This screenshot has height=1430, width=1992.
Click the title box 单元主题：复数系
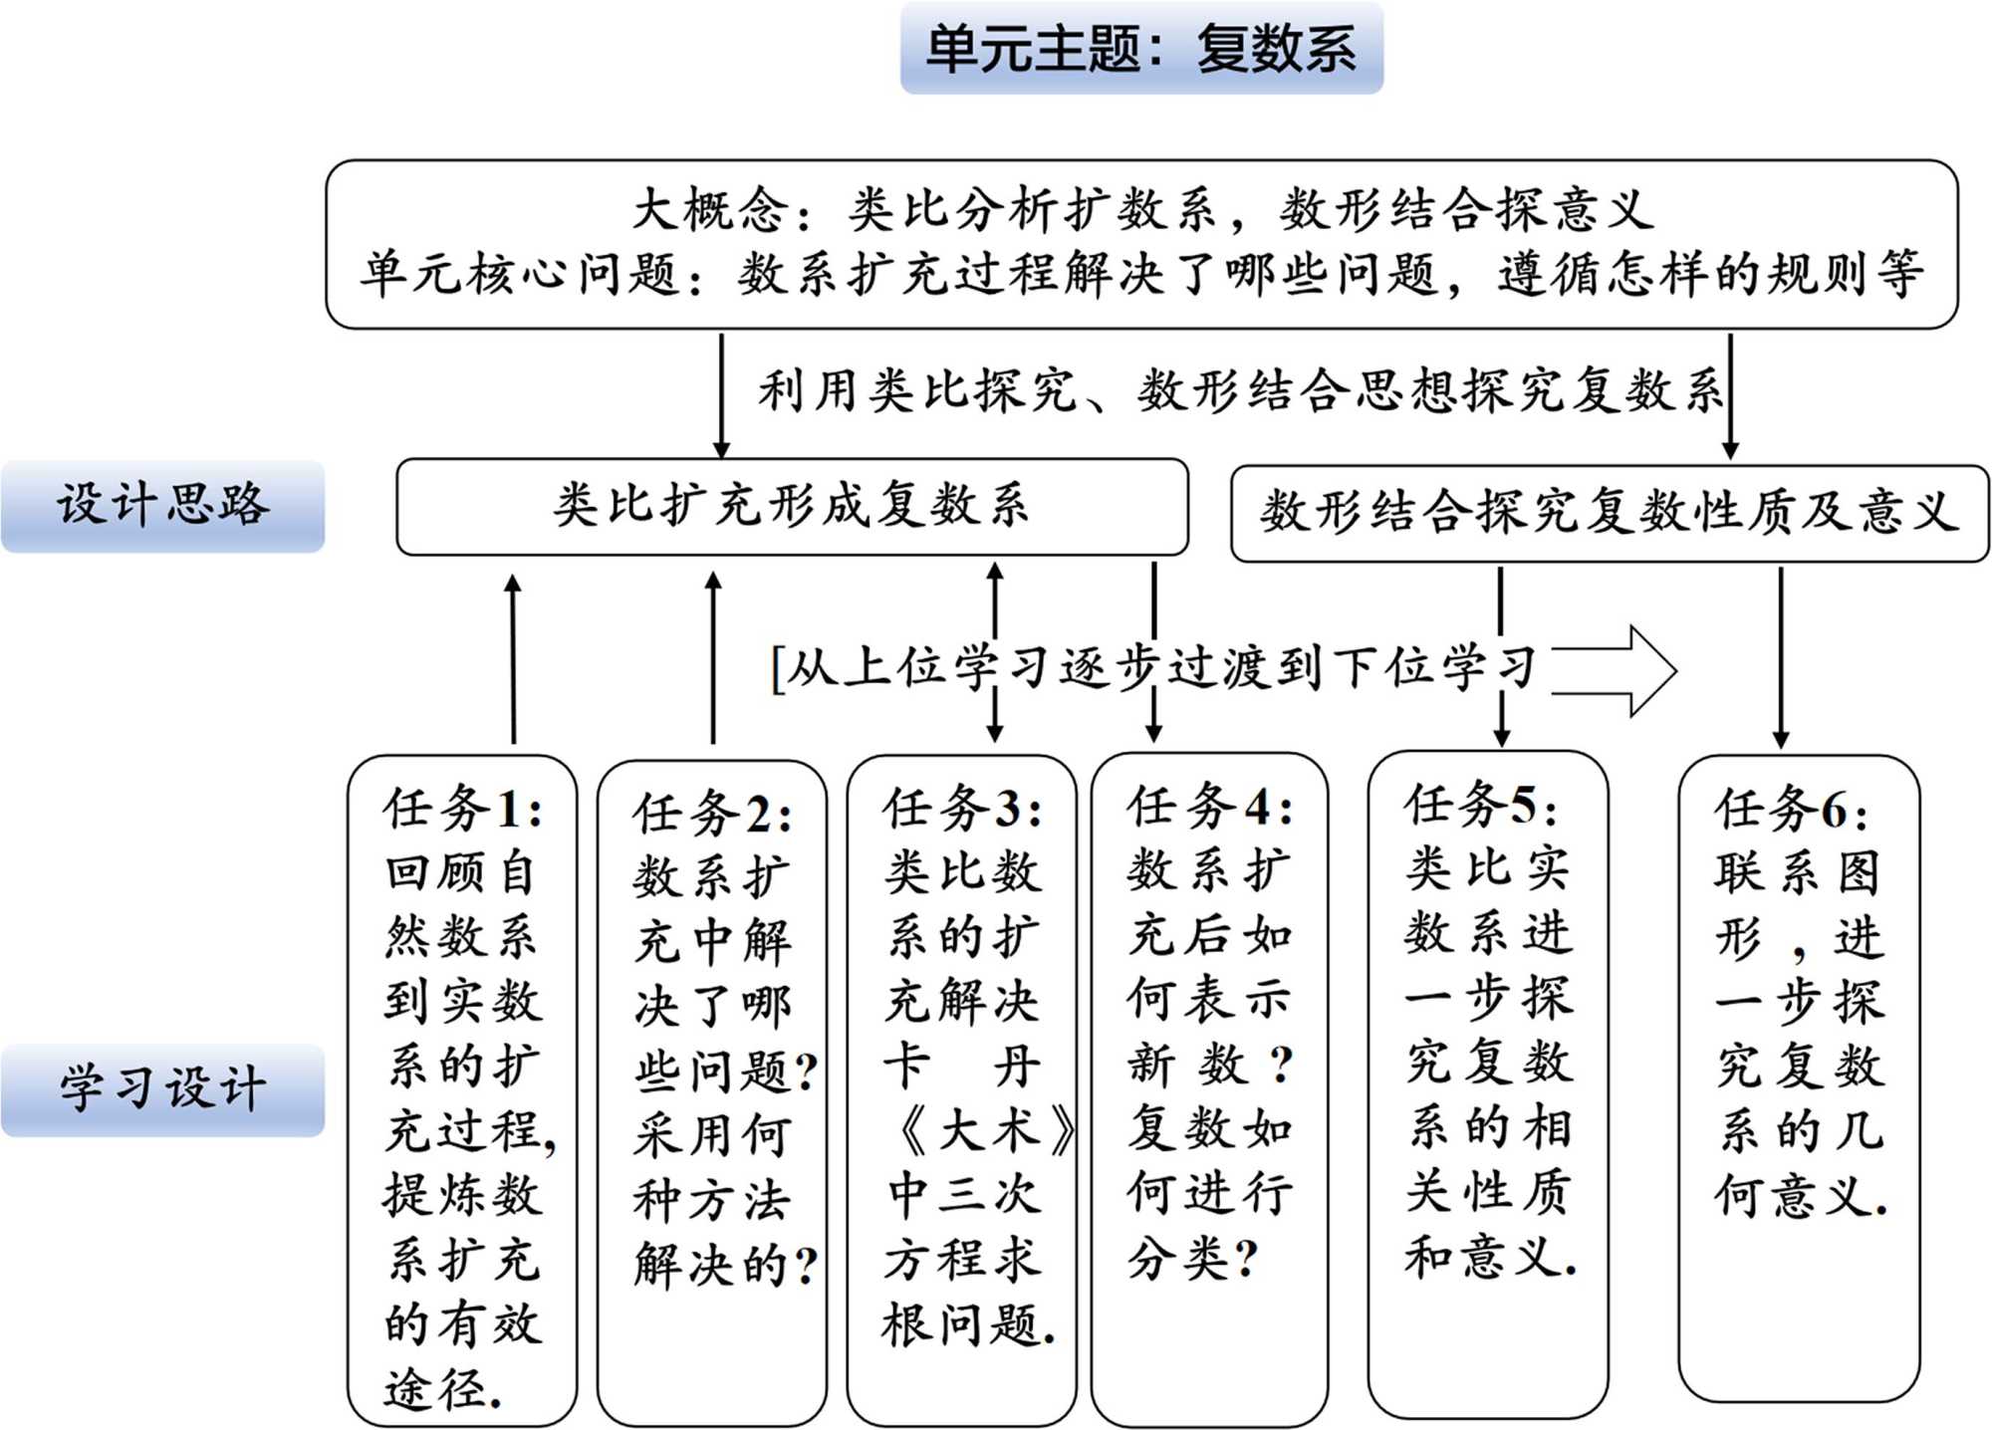coord(1141,48)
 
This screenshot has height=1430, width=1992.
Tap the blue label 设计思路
coord(162,505)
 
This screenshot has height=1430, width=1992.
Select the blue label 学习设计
coord(162,1089)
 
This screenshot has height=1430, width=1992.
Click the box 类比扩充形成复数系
coord(792,506)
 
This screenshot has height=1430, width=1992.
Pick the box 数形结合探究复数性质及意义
coord(1609,512)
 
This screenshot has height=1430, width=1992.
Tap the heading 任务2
coord(712,814)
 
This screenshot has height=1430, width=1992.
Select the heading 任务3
coord(962,808)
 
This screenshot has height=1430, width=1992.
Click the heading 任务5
coord(1480,804)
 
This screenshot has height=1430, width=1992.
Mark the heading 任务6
coord(1791,809)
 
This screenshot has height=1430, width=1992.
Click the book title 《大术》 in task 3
coord(981,1131)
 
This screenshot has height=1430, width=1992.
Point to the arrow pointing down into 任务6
coord(1781,657)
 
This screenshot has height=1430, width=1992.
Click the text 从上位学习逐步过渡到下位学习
coord(1155,668)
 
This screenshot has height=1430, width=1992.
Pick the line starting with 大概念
coord(1142,210)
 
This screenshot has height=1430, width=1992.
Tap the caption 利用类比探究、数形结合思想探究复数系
coord(1239,390)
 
